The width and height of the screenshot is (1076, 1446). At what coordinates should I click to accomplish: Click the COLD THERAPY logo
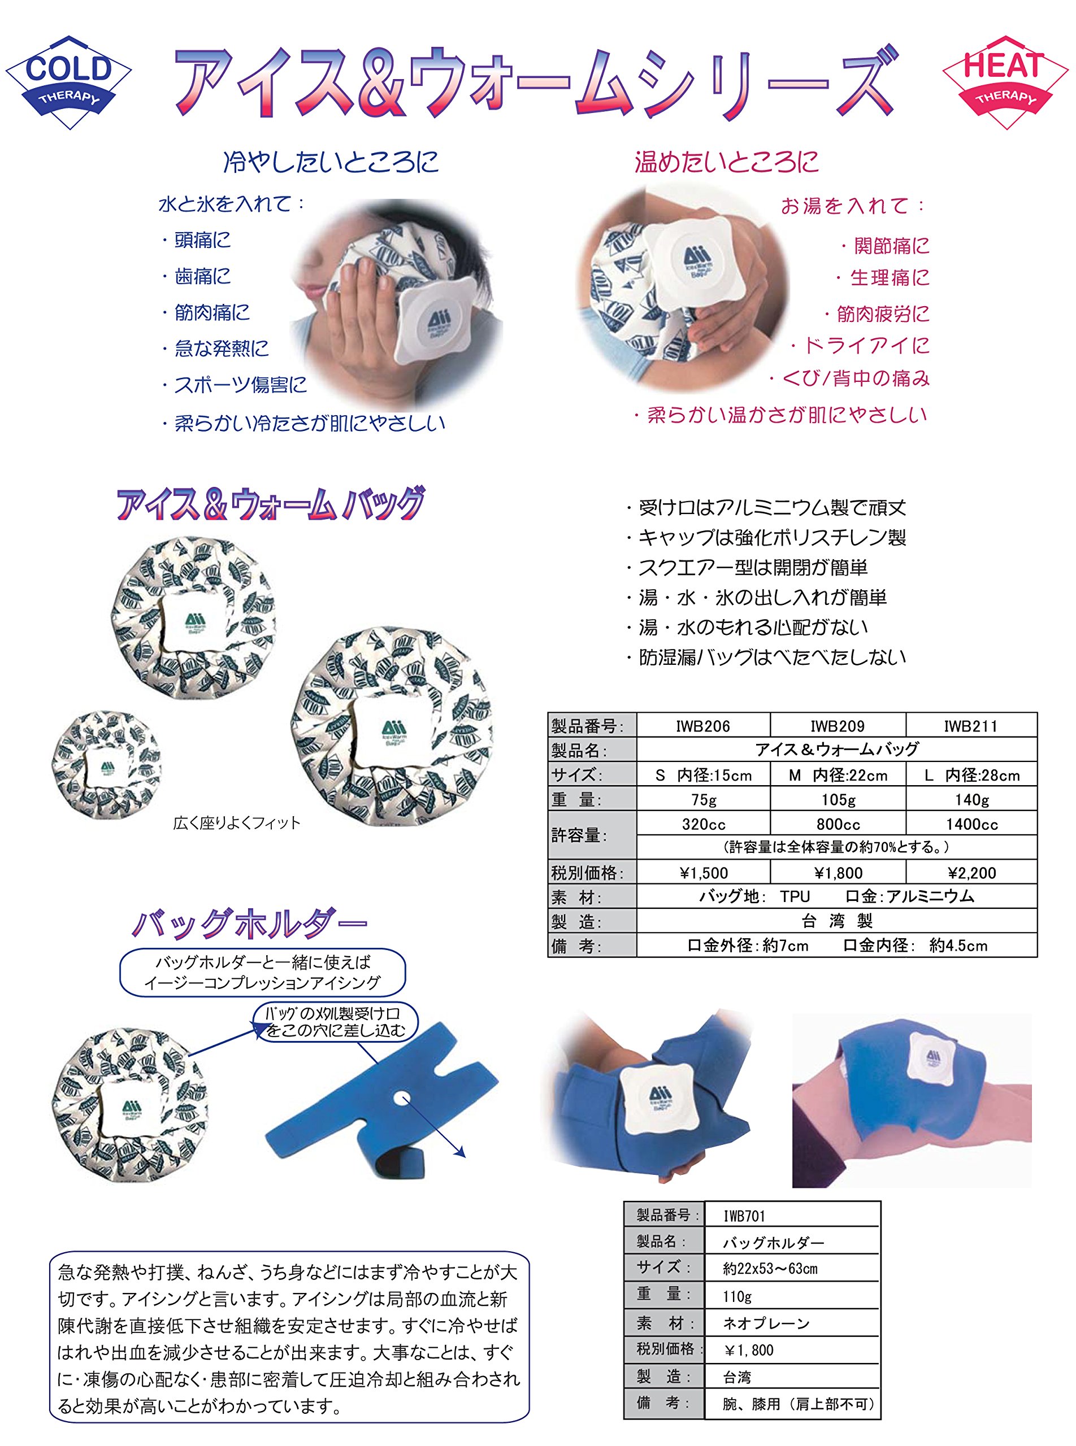[68, 82]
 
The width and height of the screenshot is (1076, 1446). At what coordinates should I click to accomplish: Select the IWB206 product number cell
[703, 726]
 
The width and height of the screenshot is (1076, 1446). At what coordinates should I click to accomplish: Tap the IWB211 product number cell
[970, 726]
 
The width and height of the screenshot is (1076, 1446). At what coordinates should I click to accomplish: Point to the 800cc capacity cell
[838, 824]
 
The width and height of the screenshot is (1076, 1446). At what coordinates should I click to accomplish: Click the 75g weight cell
[704, 799]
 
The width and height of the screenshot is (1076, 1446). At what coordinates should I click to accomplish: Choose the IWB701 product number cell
[792, 1216]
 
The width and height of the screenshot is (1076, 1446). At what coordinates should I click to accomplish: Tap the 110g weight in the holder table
[792, 1296]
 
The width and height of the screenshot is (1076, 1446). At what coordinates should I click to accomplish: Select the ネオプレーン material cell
[792, 1323]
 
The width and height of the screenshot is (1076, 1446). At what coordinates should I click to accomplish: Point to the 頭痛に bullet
[196, 240]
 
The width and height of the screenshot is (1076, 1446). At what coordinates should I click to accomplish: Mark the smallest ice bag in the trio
[106, 764]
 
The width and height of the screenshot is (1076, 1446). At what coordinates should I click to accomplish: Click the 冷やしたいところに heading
[331, 162]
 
